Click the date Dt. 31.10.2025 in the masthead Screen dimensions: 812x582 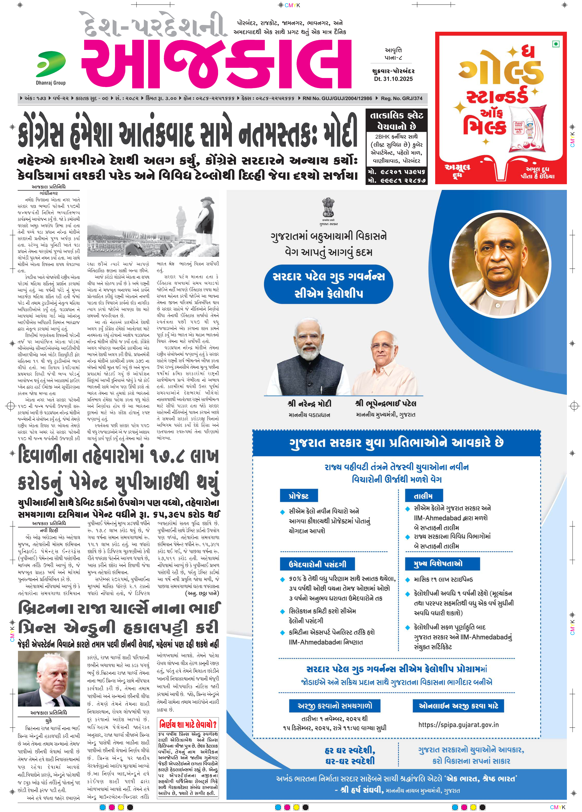pos(393,79)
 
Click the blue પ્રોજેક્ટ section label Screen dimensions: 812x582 pos(299,496)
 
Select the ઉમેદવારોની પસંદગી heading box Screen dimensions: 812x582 pos(317,564)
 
